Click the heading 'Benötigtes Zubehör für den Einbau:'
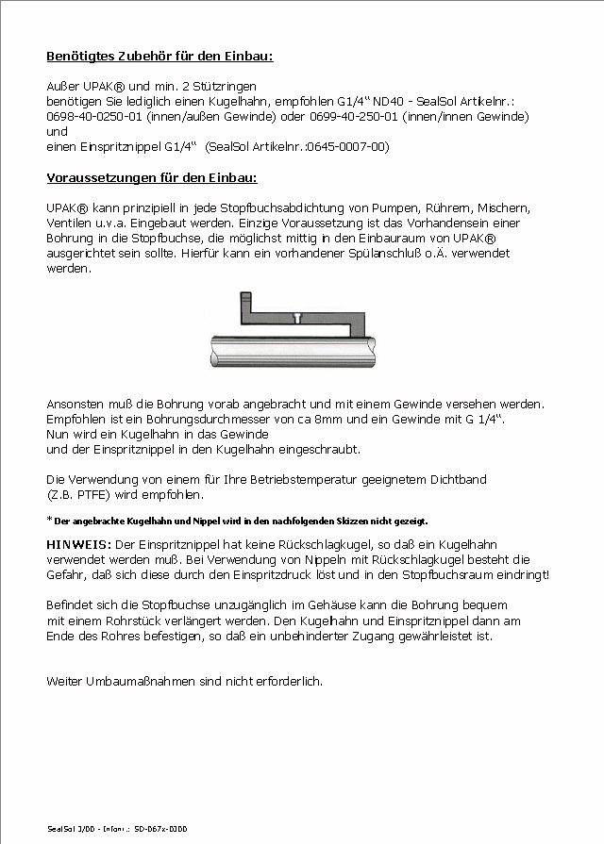159,57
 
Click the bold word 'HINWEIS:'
78,545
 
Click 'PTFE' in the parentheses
97,494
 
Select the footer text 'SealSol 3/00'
72,829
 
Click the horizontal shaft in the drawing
294,353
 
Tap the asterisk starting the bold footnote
49,520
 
